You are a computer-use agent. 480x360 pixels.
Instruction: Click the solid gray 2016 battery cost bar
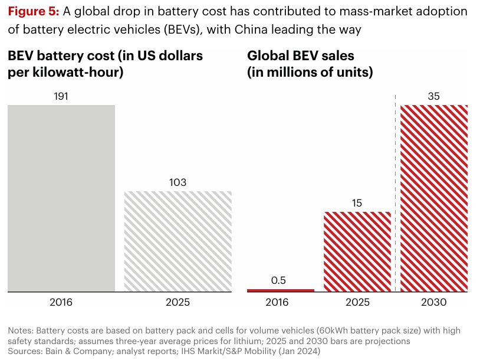61,198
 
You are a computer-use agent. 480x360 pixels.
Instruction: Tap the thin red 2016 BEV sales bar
280,290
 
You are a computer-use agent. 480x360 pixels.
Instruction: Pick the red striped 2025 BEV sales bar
357,251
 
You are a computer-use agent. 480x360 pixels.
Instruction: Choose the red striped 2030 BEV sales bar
434,198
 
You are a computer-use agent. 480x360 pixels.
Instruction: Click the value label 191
61,96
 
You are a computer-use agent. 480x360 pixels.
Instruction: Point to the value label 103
177,182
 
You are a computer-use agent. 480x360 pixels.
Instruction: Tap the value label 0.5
278,280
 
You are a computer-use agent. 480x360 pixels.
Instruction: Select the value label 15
357,203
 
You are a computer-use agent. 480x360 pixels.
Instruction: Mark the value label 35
434,96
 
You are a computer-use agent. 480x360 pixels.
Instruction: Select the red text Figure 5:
32,12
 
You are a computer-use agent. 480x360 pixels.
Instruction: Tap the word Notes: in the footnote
21,330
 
